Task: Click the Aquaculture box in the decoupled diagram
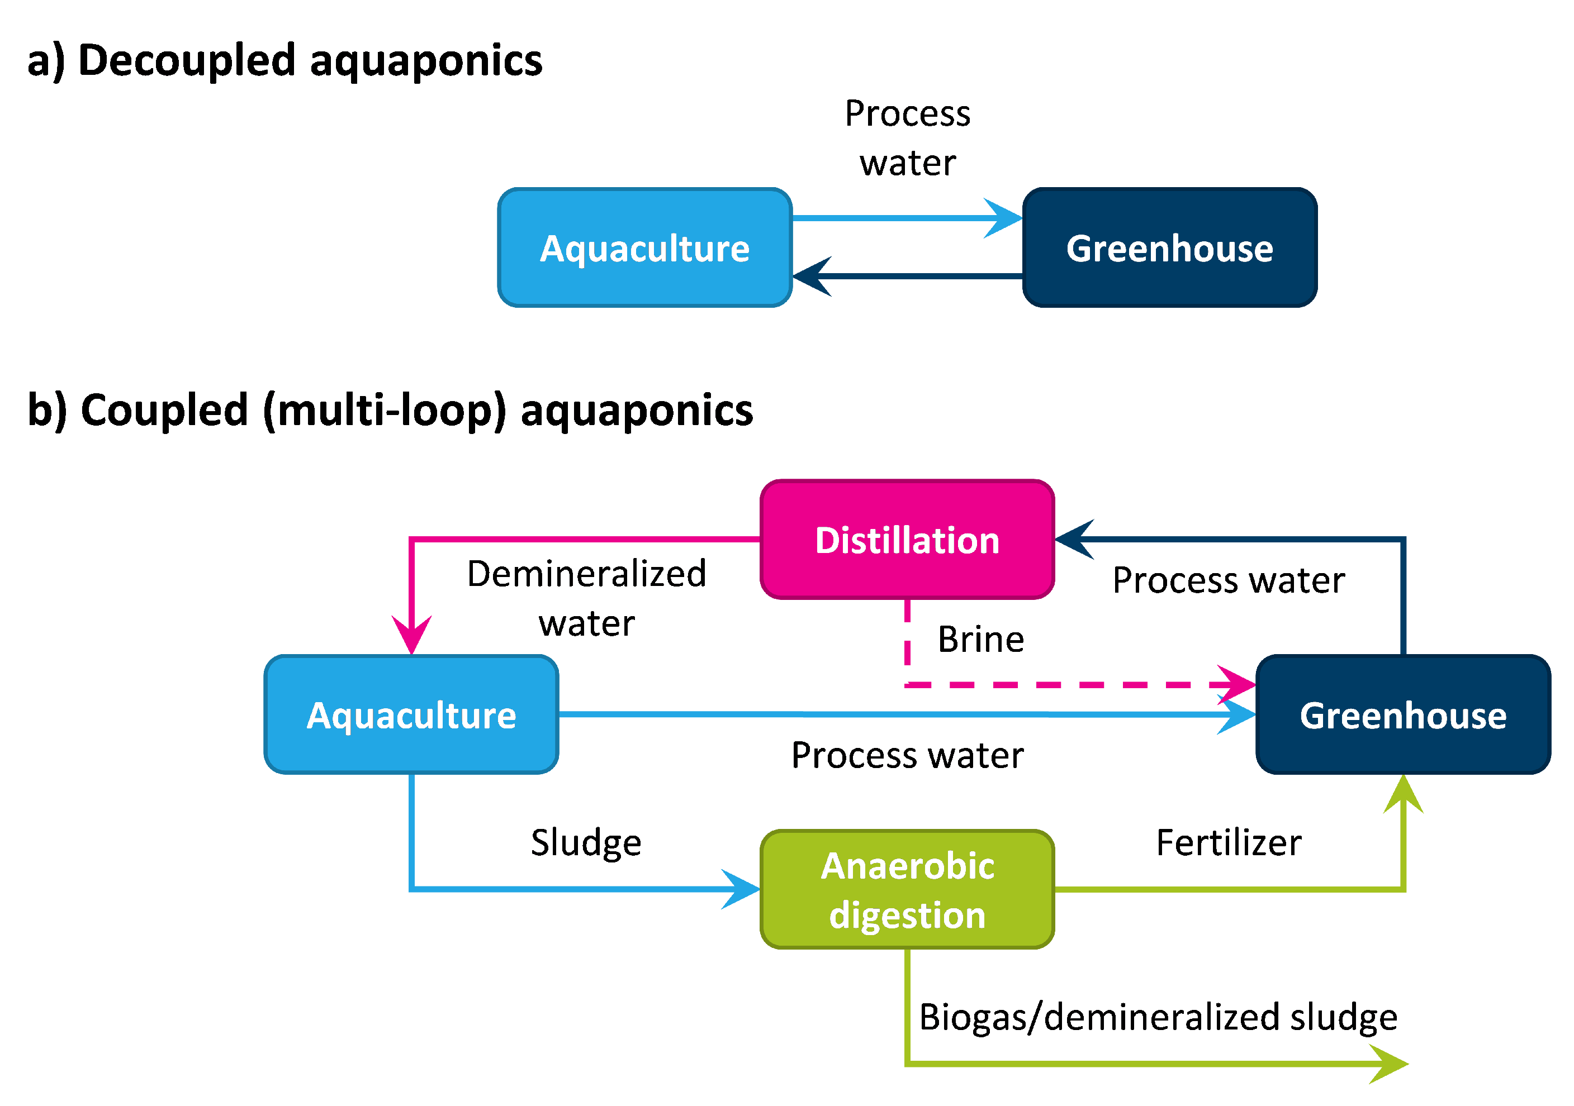click(644, 247)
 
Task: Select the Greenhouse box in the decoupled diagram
click(1169, 247)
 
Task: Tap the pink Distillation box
click(907, 540)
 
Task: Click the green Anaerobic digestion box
click(907, 889)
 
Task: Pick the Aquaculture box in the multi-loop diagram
click(411, 715)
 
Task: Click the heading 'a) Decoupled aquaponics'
click(285, 60)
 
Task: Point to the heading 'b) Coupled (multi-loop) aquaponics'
click(390, 410)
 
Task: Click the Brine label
click(980, 640)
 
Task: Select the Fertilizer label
click(1228, 842)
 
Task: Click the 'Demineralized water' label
click(586, 598)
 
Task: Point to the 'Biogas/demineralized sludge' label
click(1158, 1017)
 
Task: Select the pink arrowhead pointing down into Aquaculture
click(411, 635)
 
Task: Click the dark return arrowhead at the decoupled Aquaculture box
click(812, 276)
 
